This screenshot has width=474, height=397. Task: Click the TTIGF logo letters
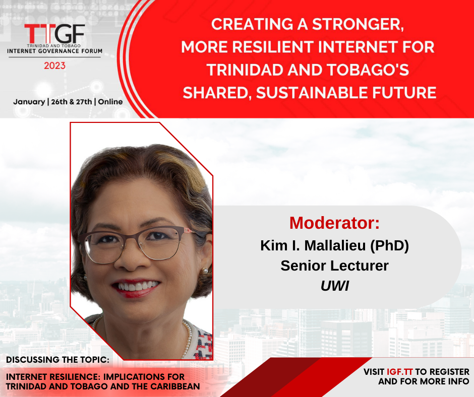tap(54, 34)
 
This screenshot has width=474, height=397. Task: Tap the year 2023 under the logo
tap(55, 65)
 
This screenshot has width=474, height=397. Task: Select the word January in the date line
tap(29, 102)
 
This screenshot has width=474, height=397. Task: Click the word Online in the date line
tap(110, 102)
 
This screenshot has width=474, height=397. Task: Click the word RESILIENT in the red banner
tap(273, 47)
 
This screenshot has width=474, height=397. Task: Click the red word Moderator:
tap(334, 223)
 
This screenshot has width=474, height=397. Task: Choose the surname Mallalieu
tap(335, 245)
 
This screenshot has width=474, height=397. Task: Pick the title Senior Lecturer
tap(334, 266)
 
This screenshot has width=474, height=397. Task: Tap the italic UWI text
tap(335, 286)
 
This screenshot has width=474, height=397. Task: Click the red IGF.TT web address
tap(400, 372)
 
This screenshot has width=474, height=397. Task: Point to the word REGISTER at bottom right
tap(449, 372)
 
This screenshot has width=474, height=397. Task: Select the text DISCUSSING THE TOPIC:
tap(58, 360)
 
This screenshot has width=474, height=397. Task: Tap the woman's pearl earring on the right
tap(205, 271)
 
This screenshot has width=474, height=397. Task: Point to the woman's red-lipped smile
tap(136, 287)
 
